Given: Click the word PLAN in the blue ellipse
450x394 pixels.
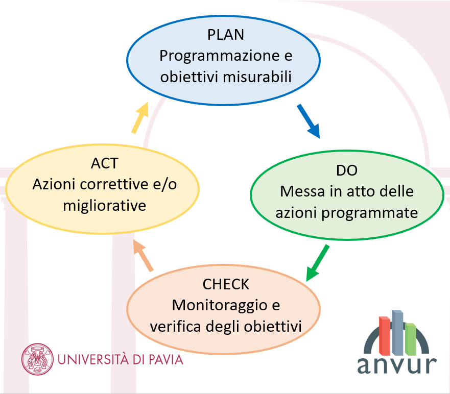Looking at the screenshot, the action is tap(226, 35).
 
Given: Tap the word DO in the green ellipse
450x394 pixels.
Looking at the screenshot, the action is tap(347, 170).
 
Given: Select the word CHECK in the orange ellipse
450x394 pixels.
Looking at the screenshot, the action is tap(226, 284).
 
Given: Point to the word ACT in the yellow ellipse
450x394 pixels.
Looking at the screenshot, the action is tap(105, 163).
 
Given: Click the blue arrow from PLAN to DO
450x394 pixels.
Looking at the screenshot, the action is tap(308, 121).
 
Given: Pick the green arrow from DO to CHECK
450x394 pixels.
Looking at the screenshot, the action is tap(317, 263).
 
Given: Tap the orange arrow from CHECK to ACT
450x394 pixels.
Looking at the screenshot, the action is tap(143, 256).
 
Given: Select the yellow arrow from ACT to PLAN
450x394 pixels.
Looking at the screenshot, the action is tap(140, 117).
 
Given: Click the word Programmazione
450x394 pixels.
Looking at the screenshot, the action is tap(219, 56).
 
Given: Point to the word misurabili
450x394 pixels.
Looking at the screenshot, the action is tap(257, 77).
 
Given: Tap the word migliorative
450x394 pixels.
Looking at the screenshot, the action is tap(105, 206).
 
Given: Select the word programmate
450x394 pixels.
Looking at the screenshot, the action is tap(370, 213).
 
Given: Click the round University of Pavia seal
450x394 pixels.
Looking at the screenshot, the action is tap(37, 359).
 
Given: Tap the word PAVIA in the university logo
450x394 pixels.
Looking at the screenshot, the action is tap(166, 360).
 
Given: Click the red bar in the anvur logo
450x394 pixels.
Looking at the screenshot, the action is tap(385, 335).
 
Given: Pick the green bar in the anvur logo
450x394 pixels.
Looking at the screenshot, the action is tap(410, 339).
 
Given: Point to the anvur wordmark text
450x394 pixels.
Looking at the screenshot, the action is tap(397, 365).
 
